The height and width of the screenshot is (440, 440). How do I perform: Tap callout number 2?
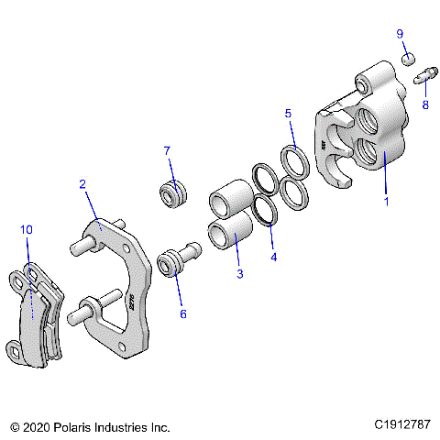82,184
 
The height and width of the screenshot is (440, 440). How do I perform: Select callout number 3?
241,273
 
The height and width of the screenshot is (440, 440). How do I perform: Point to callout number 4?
273,257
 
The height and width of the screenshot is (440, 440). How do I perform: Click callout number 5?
288,114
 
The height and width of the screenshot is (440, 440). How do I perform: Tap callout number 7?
167,150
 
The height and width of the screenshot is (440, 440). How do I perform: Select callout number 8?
424,105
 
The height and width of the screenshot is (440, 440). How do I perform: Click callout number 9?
400,34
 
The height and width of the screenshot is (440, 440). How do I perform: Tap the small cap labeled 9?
409,60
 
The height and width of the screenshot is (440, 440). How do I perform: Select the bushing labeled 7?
172,194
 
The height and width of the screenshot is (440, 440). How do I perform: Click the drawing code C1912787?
404,425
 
